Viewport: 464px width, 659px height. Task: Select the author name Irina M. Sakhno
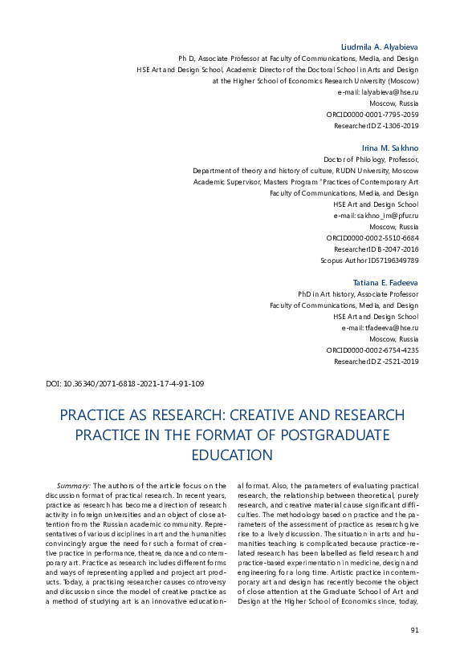(x=391, y=148)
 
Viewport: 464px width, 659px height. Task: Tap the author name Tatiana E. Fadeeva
(x=386, y=283)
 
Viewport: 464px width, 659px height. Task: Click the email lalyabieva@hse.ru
(x=390, y=93)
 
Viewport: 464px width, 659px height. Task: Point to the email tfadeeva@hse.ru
(x=391, y=328)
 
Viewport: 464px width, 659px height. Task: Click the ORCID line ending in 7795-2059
(x=372, y=115)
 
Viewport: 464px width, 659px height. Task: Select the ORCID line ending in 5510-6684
(x=372, y=238)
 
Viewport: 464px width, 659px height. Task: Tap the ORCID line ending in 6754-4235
(x=372, y=350)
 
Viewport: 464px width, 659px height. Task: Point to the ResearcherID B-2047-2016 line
(x=376, y=249)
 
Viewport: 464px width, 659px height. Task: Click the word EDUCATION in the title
(x=232, y=455)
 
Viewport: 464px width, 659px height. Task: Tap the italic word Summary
(x=74, y=486)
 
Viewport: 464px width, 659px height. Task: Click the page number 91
(x=414, y=629)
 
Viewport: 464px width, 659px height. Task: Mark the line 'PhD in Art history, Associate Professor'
(x=358, y=294)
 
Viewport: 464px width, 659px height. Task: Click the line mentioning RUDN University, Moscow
(x=306, y=171)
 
